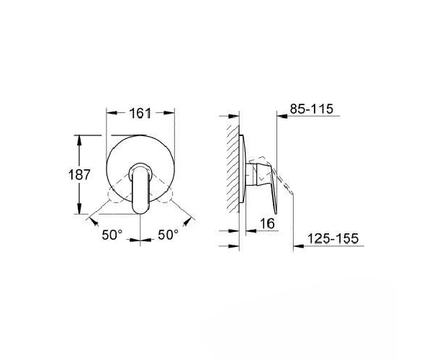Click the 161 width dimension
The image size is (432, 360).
point(140,113)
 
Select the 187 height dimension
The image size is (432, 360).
point(79,175)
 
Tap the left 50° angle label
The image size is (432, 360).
point(112,235)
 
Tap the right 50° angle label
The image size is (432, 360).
point(168,235)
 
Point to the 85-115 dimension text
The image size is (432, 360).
point(312,109)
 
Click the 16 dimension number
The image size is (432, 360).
point(268,223)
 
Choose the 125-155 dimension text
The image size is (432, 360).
point(333,238)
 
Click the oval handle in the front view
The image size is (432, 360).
point(140,189)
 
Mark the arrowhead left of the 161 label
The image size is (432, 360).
point(112,113)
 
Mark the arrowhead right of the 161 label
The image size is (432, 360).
point(169,113)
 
